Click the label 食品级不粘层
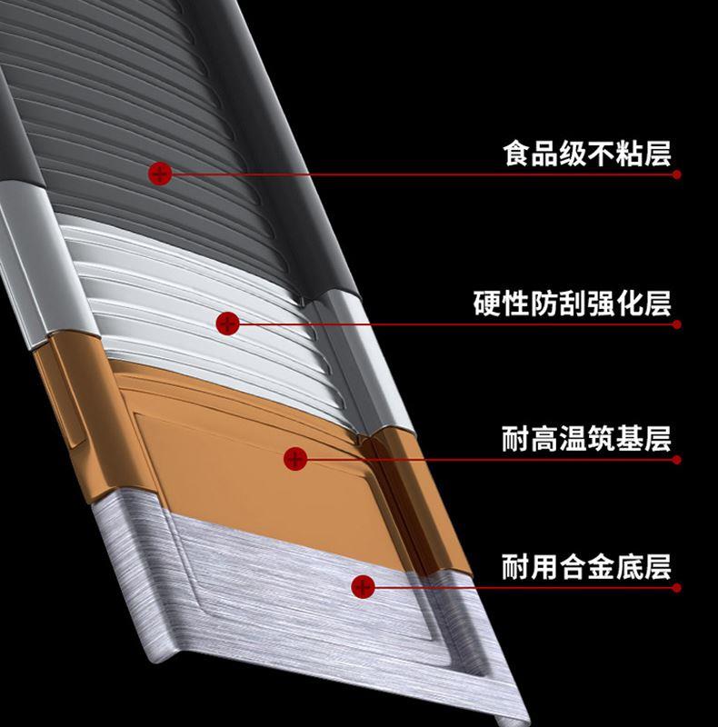coord(587,154)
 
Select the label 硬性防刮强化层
coord(573,304)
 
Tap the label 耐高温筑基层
coord(587,439)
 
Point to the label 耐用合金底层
coord(587,566)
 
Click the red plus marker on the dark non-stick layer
coord(160,174)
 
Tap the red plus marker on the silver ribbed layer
coord(228,324)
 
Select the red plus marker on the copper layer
coord(295,459)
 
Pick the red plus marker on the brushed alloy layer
coord(364,586)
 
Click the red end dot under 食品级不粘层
coord(677,174)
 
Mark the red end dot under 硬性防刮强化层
coord(677,324)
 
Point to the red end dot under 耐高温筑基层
coord(677,460)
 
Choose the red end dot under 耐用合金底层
coord(677,587)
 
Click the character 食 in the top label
coord(517,154)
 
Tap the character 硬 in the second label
coord(487,304)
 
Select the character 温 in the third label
coord(573,439)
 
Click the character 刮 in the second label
coord(573,304)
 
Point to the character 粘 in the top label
coord(630,154)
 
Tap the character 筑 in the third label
coord(601,439)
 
